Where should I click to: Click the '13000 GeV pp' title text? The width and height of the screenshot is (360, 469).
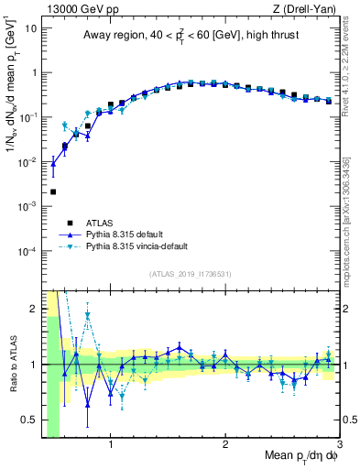click(80, 8)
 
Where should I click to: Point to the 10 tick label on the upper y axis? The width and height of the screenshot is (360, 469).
click(31, 27)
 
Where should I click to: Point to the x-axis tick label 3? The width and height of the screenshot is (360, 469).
click(338, 446)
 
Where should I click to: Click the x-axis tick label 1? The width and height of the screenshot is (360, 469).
click(111, 446)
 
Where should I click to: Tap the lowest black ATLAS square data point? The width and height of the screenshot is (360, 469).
click(53, 192)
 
